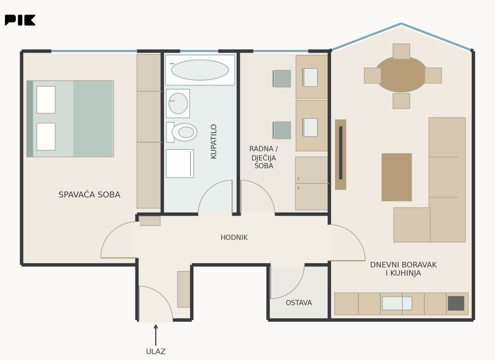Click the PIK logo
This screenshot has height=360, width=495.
pos(20,20)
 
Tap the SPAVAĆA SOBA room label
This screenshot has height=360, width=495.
pos(89,195)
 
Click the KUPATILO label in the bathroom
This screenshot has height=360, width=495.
pos(214,142)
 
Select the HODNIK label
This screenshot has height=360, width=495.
pos(234,238)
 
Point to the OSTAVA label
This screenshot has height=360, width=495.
pos(299,303)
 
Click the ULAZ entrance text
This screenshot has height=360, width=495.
pos(155,351)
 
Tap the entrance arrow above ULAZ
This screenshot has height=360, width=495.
pos(156,335)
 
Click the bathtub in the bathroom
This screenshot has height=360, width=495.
pos(200,70)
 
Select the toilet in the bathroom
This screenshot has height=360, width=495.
pos(182,132)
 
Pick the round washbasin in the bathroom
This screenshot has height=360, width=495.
pos(178,103)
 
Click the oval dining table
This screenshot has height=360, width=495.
pos(401,75)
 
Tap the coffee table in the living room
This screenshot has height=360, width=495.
pos(397,177)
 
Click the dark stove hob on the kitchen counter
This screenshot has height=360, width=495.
pos(456,303)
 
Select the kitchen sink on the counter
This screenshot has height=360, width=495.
pos(397,303)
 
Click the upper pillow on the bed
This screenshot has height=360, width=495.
pos(46,100)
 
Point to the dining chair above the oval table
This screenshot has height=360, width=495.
pos(401,51)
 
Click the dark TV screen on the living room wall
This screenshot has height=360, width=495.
pos(341,153)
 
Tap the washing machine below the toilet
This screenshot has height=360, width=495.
pos(180,163)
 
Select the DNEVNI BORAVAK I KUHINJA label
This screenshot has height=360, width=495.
pos(403,269)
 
